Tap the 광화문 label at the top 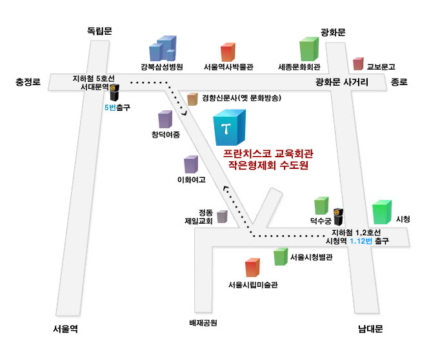pyautogui.click(x=334, y=32)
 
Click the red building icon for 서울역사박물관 pyautogui.click(x=228, y=52)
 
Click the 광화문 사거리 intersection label pyautogui.click(x=342, y=82)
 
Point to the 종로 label pyautogui.click(x=400, y=82)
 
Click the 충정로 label pyautogui.click(x=28, y=82)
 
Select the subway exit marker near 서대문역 pyautogui.click(x=112, y=95)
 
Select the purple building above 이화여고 pyautogui.click(x=190, y=164)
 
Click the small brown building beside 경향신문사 pyautogui.click(x=192, y=99)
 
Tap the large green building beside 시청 pyautogui.click(x=382, y=212)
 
